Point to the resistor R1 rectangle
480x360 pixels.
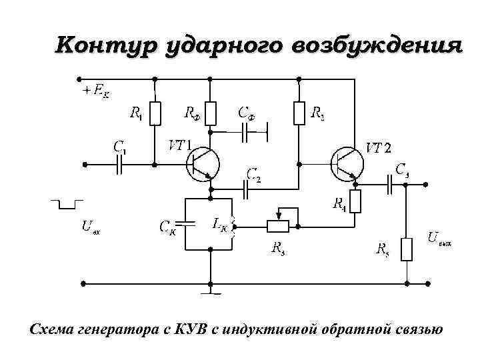pyautogui.click(x=155, y=113)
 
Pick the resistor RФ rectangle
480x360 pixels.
pyautogui.click(x=211, y=113)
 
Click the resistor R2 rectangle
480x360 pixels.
pyautogui.click(x=298, y=113)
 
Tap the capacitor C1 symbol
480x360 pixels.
pyautogui.click(x=121, y=164)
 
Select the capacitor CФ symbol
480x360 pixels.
pyautogui.click(x=254, y=131)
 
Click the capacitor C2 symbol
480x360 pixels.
pyautogui.click(x=248, y=189)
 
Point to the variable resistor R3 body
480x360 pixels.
pyautogui.click(x=278, y=226)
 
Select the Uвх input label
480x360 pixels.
pyautogui.click(x=91, y=226)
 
